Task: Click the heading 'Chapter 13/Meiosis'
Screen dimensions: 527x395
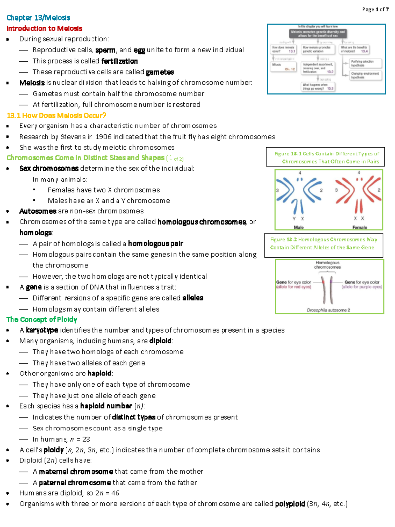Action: coord(38,18)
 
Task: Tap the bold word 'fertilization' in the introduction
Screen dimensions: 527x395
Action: coord(119,61)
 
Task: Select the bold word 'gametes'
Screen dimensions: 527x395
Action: coord(160,72)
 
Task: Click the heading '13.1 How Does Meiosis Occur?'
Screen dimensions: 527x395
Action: coord(56,115)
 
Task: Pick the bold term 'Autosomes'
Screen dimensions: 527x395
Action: coord(38,211)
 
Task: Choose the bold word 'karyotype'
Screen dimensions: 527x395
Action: coord(42,330)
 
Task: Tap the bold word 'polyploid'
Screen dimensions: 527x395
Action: coord(290,504)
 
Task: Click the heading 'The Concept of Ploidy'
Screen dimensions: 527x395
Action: coord(42,319)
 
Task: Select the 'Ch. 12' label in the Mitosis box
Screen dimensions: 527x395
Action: coord(290,69)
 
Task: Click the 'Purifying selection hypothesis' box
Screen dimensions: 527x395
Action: coord(362,63)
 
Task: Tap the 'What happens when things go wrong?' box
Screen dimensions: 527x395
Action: coord(318,87)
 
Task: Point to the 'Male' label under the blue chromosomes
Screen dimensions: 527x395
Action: coord(299,227)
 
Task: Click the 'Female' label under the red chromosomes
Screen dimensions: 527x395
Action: coord(359,227)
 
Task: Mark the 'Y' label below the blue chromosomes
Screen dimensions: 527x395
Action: coord(294,219)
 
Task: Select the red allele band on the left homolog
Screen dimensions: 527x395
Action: coord(323,282)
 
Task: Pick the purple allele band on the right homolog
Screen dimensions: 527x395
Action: coord(331,282)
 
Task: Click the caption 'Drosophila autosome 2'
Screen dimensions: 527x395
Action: coord(328,310)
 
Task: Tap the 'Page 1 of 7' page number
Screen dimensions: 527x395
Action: coord(375,9)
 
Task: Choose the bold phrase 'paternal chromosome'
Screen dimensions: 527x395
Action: coord(75,483)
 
